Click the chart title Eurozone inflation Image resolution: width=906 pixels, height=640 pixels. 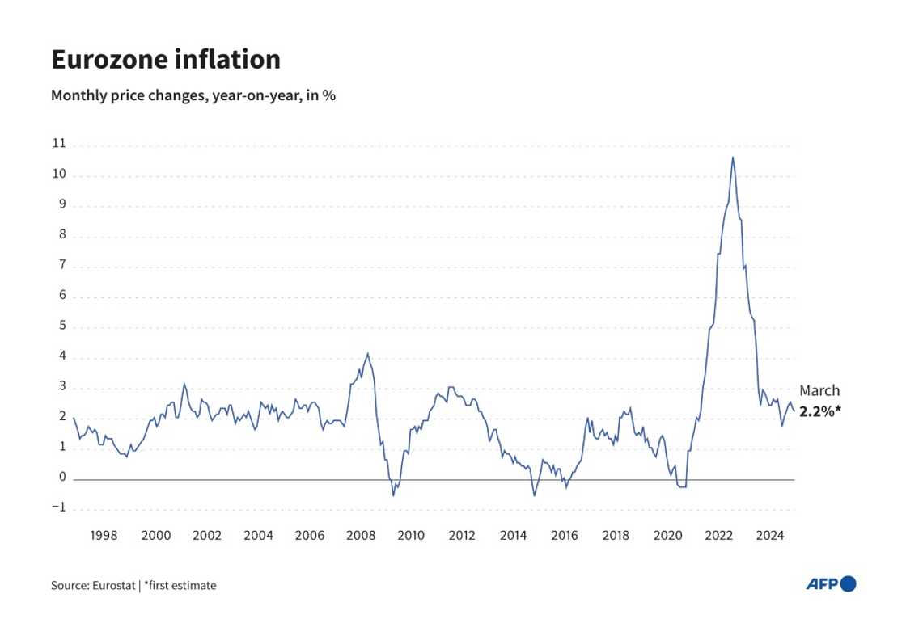[x=166, y=60]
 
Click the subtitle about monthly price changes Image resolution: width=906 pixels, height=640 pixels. [x=193, y=95]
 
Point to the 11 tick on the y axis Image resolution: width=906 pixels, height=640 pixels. [x=57, y=145]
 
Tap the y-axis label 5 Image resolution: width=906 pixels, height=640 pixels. [x=61, y=326]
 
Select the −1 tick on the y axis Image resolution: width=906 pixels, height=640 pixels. [x=57, y=508]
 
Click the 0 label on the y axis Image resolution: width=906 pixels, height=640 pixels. [x=61, y=478]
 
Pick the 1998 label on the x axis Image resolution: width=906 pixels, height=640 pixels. [x=104, y=535]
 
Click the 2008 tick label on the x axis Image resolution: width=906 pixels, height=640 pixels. [x=360, y=535]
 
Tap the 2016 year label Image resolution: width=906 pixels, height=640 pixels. [x=565, y=535]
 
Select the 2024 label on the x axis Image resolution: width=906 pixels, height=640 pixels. [x=771, y=535]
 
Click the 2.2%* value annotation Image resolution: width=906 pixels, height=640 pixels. [x=820, y=411]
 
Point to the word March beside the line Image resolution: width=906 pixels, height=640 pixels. [x=819, y=391]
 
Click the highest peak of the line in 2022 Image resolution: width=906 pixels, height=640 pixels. [x=733, y=157]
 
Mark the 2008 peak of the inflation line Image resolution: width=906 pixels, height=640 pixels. [x=368, y=353]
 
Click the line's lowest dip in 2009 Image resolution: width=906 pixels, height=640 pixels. [x=394, y=495]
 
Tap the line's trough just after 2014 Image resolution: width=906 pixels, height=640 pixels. [x=534, y=495]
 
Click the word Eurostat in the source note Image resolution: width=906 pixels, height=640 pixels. [x=111, y=585]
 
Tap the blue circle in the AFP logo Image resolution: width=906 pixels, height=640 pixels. [x=848, y=583]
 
